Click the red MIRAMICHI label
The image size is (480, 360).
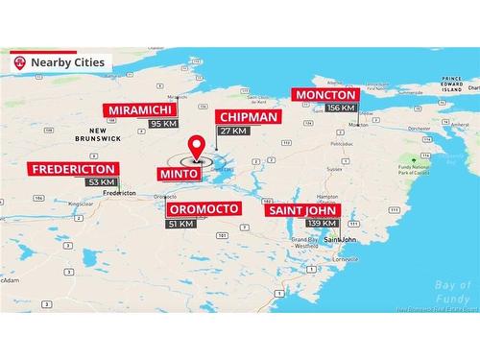[141, 109]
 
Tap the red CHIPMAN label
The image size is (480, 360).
[247, 117]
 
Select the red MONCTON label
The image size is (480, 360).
[325, 94]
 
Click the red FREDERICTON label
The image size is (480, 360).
[73, 169]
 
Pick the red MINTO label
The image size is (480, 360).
[180, 174]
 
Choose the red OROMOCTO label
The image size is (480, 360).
[204, 208]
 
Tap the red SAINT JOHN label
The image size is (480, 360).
[301, 209]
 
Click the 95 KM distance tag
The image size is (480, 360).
[164, 124]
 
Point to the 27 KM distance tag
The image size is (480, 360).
[233, 131]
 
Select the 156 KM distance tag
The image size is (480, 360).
[341, 108]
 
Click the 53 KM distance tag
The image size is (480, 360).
[101, 182]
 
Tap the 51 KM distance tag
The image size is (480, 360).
[181, 223]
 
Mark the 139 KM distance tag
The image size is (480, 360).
[322, 223]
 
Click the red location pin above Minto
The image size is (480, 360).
[198, 147]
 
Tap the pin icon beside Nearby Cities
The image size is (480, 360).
[19, 62]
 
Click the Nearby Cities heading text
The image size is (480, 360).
[67, 62]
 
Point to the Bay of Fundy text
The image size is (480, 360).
[450, 290]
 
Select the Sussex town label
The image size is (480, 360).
[333, 167]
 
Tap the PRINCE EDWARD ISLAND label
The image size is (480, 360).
[450, 85]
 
